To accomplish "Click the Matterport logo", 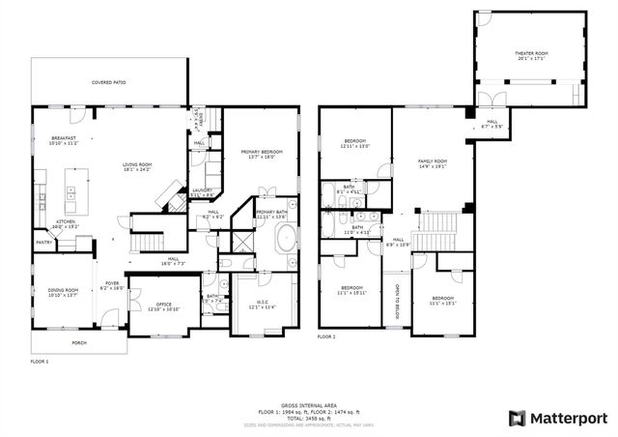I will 558,418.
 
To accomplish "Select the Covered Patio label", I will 108,83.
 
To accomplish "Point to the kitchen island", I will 72,189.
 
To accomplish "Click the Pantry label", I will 44,242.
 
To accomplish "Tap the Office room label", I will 163,306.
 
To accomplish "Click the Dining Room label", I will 63,291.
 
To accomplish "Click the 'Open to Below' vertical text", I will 397,302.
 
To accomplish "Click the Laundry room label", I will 203,192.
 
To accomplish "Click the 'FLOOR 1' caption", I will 39,361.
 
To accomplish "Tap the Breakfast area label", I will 63,142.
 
